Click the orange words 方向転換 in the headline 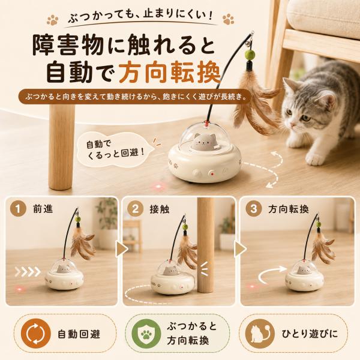click(x=170, y=71)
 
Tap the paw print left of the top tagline click(x=53, y=20)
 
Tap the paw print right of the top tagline click(x=228, y=19)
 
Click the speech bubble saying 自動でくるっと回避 click(x=116, y=149)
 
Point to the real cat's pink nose click(x=292, y=125)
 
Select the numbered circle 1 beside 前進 click(x=18, y=209)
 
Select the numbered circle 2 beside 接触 click(x=136, y=209)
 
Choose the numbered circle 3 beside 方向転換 click(x=253, y=209)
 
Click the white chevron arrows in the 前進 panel click(x=28, y=272)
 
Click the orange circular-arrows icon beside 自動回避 click(x=35, y=334)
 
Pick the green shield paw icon click(x=146, y=334)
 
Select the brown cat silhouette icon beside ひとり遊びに click(x=260, y=334)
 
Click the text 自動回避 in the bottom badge click(x=79, y=334)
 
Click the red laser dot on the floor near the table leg click(x=158, y=185)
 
